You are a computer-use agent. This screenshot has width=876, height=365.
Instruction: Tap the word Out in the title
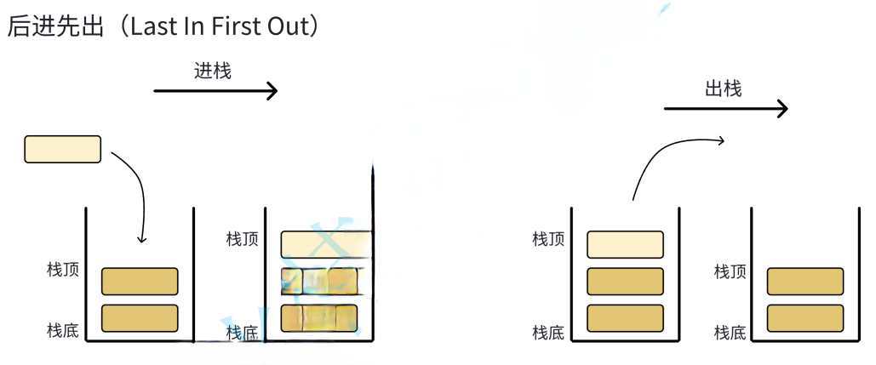click(x=293, y=27)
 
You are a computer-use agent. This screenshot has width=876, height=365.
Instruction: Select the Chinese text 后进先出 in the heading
click(x=53, y=27)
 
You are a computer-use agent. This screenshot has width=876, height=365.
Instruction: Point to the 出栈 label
click(x=724, y=88)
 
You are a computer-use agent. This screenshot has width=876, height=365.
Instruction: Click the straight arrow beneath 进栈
click(x=215, y=90)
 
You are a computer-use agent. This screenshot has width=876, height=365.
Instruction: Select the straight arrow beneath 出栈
click(x=725, y=108)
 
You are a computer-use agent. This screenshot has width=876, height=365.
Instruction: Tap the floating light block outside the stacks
click(x=63, y=149)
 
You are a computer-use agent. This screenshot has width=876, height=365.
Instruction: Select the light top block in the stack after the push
click(x=327, y=243)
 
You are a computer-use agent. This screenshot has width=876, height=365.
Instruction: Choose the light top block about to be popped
click(x=625, y=244)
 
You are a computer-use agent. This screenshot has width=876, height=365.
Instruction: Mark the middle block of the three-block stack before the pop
click(x=625, y=281)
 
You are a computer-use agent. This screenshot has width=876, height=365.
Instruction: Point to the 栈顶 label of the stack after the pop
click(x=730, y=271)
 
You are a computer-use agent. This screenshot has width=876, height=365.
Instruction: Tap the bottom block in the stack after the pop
click(x=805, y=318)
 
